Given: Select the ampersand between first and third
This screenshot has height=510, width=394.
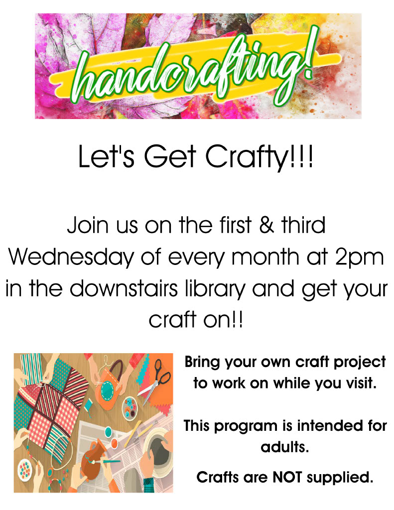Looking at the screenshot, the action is pyautogui.click(x=266, y=225).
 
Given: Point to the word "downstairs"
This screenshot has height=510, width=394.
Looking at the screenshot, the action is pyautogui.click(x=124, y=288).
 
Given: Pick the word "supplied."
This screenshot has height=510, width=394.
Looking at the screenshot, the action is pyautogui.click(x=340, y=478).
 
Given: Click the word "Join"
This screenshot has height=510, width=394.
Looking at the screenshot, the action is pyautogui.click(x=88, y=225).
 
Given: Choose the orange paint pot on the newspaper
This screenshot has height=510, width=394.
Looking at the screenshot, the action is pyautogui.click(x=115, y=443).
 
